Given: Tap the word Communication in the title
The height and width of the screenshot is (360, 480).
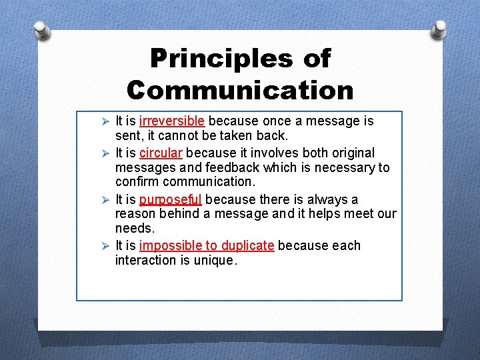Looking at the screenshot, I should point(241,89).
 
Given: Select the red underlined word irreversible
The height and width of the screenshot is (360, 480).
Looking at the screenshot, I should point(172,121).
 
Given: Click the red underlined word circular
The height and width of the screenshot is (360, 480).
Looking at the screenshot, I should point(161,153).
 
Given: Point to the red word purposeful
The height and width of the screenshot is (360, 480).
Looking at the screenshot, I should point(170,199).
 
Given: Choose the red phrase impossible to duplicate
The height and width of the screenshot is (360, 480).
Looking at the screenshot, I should point(207,245).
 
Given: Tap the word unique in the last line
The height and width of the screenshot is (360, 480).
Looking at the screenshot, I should point(213,260).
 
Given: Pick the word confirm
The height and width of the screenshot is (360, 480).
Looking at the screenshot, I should point(137,182).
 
